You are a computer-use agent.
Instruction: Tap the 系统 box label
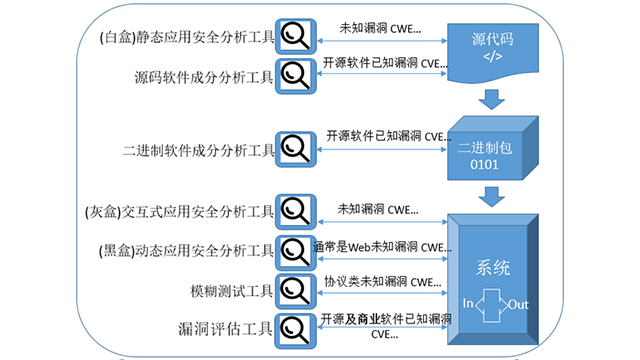click(490, 269)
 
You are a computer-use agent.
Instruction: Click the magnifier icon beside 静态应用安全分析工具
click(295, 37)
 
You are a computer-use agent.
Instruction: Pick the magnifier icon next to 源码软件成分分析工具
click(295, 73)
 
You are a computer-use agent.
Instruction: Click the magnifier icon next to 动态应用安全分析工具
click(295, 249)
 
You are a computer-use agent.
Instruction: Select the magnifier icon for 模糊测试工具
click(295, 288)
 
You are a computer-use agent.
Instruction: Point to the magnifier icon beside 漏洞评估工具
click(295, 327)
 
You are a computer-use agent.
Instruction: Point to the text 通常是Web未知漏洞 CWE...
click(376, 246)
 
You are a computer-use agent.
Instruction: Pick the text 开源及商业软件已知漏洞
click(385, 319)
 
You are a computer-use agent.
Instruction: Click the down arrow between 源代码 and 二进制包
click(490, 99)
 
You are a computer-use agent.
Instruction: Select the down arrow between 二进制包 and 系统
click(490, 197)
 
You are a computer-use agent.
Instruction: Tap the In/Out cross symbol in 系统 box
click(490, 303)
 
